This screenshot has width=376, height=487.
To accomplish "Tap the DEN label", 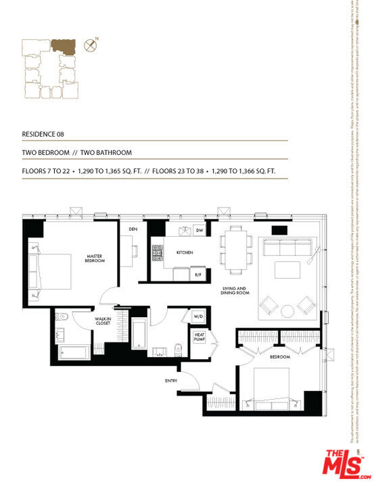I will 133,229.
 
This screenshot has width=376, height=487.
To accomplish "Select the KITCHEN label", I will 185,252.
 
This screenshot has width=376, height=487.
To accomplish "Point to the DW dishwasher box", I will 199,231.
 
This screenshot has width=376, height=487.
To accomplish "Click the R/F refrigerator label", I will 198,275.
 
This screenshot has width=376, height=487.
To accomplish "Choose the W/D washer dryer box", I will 199,317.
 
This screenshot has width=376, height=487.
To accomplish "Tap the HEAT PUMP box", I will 200,337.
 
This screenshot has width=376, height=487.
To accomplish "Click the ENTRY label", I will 171,381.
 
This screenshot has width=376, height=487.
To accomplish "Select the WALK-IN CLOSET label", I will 103,322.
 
